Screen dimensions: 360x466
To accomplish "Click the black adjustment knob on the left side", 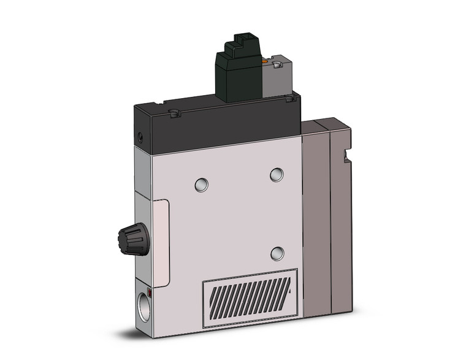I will tap(132, 240).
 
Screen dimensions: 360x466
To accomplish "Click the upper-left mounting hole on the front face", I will tap(201, 184).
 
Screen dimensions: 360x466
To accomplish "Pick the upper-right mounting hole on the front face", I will tap(277, 175).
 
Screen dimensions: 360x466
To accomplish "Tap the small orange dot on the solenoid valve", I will tap(265, 61).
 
